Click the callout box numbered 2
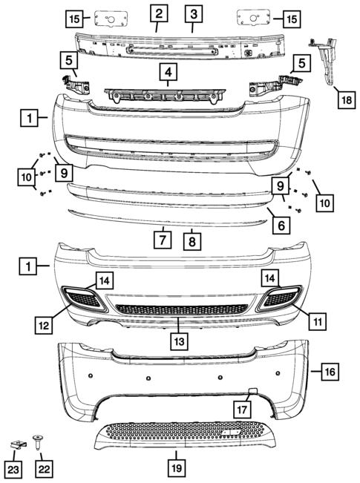[x=159, y=13]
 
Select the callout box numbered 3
[x=192, y=13]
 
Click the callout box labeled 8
[x=192, y=241]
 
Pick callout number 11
[x=317, y=321]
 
